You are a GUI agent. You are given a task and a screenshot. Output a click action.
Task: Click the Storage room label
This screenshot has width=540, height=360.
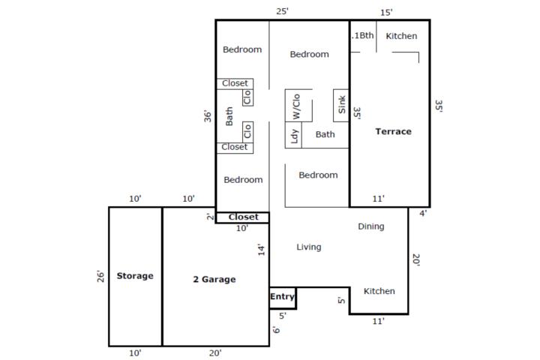[135, 275]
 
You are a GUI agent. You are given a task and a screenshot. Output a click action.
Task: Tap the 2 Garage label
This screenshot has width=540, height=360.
[214, 279]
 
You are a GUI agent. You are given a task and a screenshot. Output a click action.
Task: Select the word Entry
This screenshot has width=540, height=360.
[282, 296]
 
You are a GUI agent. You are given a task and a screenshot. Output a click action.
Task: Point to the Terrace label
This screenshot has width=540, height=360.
[393, 131]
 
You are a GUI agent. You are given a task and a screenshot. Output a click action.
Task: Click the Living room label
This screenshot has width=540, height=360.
[309, 247]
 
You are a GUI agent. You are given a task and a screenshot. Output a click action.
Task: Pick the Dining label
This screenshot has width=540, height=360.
[371, 226]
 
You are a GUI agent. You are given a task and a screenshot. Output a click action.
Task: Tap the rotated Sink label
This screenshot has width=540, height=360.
[342, 105]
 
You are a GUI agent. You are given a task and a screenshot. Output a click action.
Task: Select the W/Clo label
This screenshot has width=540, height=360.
[296, 106]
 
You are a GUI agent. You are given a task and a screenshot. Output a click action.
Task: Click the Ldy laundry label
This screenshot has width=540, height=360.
[294, 136]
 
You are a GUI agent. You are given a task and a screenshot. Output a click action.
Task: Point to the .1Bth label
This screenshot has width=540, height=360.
[363, 35]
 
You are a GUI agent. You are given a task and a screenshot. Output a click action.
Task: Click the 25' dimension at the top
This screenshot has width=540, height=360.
[282, 11]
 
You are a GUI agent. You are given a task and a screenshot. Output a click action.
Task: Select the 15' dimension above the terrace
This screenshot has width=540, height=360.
[386, 13]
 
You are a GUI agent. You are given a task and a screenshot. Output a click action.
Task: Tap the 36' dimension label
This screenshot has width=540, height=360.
[208, 116]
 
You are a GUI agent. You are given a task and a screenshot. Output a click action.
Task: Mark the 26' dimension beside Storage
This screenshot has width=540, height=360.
[100, 276]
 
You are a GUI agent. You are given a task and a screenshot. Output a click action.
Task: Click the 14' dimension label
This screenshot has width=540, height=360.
[262, 250]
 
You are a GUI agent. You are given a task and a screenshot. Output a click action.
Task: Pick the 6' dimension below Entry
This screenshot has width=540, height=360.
[276, 330]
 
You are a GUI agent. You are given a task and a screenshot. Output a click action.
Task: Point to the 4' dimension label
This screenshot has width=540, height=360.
[423, 213]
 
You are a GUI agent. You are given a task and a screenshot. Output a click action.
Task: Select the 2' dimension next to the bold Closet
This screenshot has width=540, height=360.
[210, 216]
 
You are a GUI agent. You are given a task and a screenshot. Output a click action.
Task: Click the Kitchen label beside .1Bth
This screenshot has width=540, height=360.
[401, 36]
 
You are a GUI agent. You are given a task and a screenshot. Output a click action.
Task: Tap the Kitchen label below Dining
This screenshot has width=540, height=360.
[379, 291]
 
